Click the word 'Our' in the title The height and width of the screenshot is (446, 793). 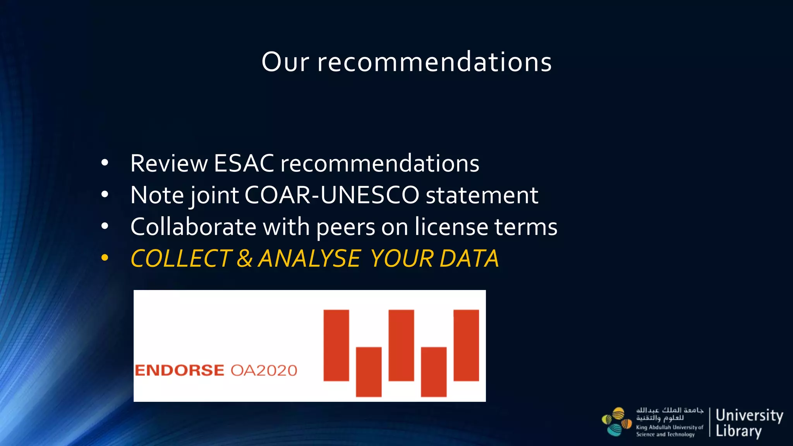click(285, 62)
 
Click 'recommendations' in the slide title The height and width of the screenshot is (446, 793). click(434, 62)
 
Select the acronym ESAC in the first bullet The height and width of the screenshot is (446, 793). click(244, 163)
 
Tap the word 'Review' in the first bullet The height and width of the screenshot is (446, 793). click(169, 163)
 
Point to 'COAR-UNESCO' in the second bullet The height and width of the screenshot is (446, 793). click(332, 195)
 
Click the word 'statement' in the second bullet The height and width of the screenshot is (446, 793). click(482, 195)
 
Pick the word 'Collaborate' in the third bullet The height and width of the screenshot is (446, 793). click(193, 226)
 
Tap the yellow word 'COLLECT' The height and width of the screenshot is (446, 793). click(181, 258)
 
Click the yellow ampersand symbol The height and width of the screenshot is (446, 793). click(245, 258)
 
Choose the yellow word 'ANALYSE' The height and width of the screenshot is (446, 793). click(309, 258)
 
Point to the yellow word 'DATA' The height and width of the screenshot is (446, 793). click(469, 258)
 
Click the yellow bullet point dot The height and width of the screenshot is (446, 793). click(105, 258)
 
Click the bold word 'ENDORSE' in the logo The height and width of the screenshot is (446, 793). click(179, 371)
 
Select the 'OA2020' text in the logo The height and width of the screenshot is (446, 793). click(264, 371)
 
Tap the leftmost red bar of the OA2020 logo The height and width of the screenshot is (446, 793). click(336, 345)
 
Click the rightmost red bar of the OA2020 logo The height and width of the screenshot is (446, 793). click(466, 345)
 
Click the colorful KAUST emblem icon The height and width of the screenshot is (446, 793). click(616, 422)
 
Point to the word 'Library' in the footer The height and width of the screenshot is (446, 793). click(738, 431)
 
